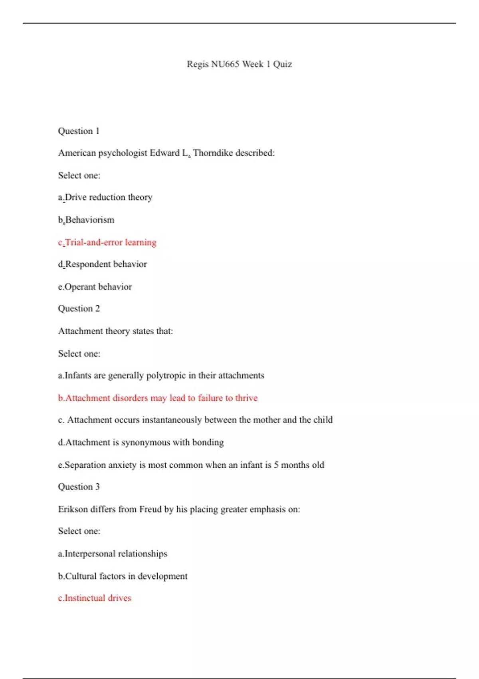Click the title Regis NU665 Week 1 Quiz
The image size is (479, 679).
coord(239,64)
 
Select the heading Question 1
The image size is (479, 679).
coord(79,131)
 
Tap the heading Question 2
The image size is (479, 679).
coord(79,309)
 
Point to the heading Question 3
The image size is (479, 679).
coord(79,487)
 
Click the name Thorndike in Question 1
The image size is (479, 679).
coord(213,153)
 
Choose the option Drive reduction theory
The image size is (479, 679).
coord(108,197)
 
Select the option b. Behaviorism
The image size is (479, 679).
coord(89,220)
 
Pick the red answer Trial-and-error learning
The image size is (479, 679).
coord(111,242)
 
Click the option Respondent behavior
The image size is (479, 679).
coord(106,264)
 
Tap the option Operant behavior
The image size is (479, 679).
coord(98,287)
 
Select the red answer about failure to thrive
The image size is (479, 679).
coord(161,398)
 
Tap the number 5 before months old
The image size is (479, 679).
coord(276,465)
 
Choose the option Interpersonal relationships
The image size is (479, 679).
coord(116,554)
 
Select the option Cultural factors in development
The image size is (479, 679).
coord(126,576)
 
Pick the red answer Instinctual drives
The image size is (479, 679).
coord(98,598)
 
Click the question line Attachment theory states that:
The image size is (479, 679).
coord(115,331)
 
